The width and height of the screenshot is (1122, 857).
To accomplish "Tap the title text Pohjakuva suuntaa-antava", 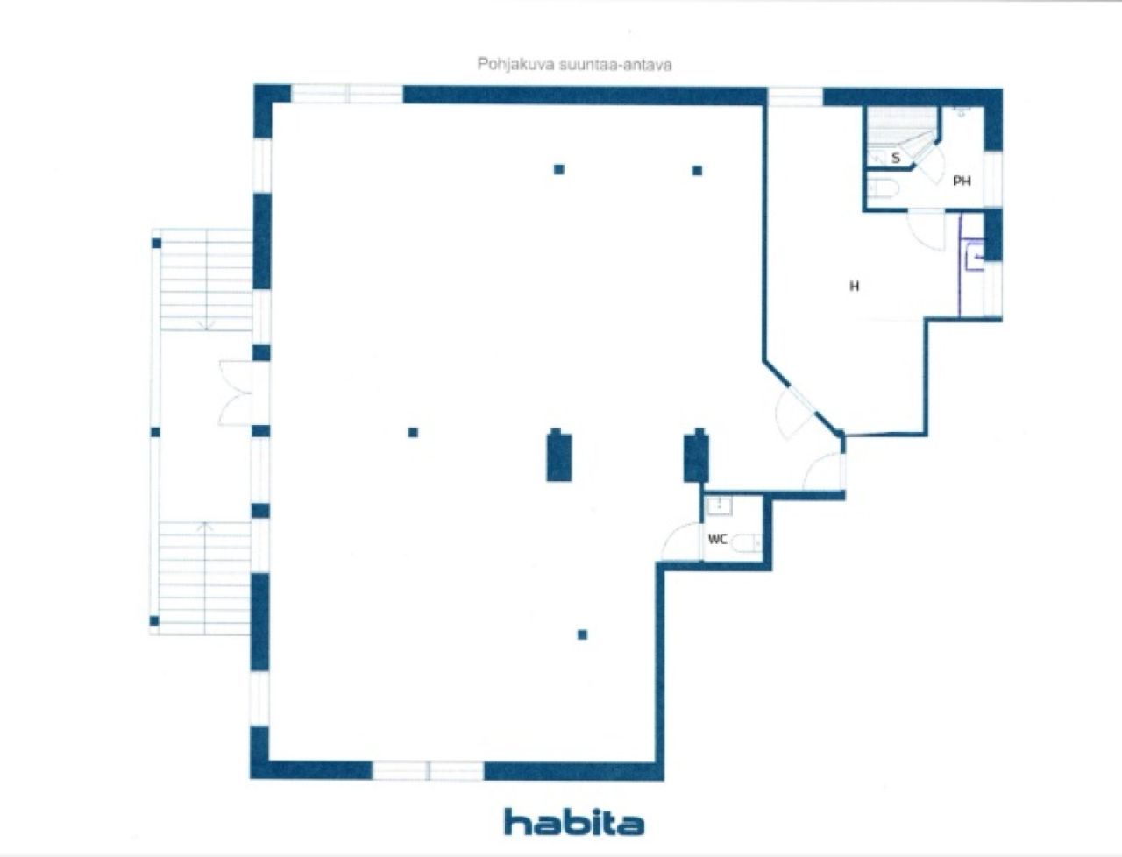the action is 574,65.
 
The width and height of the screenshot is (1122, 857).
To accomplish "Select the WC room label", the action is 718,539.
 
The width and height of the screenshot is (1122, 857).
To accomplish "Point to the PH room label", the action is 962,181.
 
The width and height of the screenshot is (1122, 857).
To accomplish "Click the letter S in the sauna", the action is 896,159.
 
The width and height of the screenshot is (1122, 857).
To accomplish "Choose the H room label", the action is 854,287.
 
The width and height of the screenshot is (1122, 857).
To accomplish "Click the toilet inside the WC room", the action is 746,542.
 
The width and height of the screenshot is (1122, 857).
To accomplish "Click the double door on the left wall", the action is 236,393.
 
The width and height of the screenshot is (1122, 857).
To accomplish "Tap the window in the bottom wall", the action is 428,770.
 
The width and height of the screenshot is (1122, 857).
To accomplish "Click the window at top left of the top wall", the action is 347,94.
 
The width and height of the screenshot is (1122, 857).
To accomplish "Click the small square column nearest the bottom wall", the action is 582,634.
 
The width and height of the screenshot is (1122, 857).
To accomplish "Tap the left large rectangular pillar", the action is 559,456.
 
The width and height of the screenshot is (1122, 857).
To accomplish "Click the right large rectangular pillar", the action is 696,456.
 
